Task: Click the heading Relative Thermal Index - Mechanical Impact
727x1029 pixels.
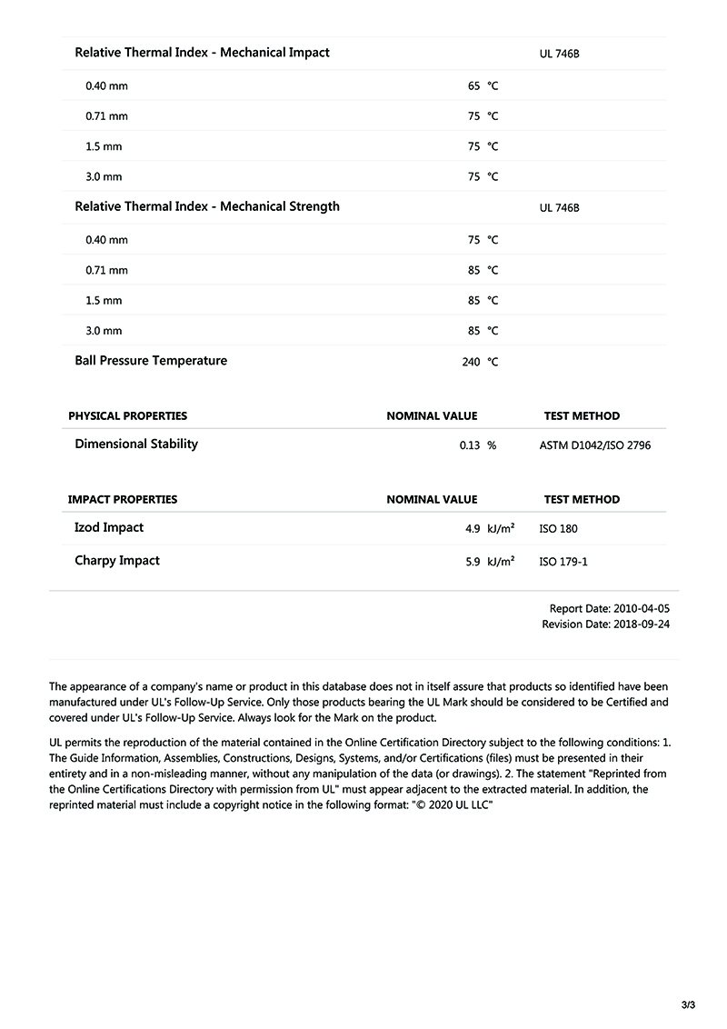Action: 202,53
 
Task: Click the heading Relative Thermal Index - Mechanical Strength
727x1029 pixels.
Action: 207,206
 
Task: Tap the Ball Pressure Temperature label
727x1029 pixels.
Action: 151,361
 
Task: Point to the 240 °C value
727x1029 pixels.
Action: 480,362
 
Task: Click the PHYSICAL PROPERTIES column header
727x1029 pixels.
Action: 127,416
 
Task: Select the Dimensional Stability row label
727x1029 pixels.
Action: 136,445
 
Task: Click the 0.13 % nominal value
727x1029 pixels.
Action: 478,445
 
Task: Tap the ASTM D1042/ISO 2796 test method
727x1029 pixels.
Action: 595,445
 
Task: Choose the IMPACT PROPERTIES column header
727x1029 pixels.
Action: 123,500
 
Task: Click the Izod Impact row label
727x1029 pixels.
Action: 109,528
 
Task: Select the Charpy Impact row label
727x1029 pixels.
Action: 117,561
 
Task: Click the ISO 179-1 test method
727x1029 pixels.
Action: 563,562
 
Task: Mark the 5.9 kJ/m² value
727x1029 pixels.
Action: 490,562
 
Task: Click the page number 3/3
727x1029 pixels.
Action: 688,1005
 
